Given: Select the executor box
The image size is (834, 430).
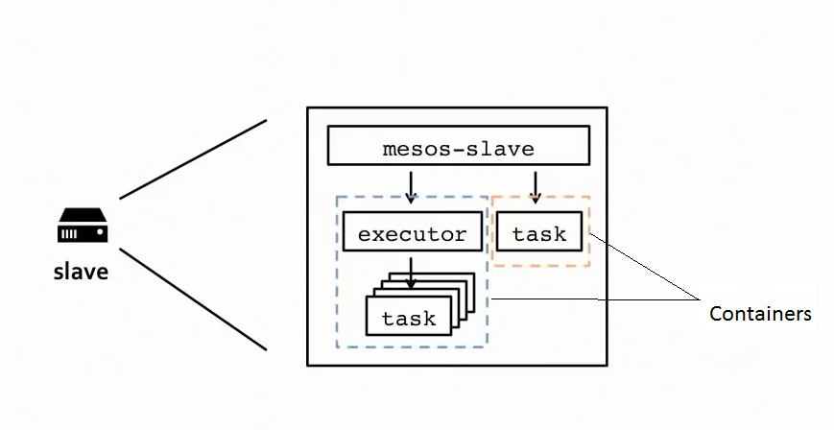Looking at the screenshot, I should [411, 233].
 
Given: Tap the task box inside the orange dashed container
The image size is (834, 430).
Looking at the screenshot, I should [538, 233].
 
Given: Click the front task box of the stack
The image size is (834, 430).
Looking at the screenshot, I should [408, 317].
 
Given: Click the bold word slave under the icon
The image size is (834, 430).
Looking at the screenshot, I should [81, 272].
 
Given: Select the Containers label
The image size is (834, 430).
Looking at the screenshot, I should [760, 314].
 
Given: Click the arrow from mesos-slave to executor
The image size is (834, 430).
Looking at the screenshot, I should [411, 185].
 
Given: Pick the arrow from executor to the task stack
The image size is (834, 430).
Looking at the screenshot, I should [411, 272].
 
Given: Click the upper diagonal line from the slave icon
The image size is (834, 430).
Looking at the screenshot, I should [192, 159].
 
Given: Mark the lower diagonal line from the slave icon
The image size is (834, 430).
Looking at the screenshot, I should [192, 299].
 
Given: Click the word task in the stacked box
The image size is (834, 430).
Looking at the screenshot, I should [408, 319].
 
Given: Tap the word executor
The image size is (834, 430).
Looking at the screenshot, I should [411, 234].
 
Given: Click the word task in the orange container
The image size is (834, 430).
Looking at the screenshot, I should [538, 234].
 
